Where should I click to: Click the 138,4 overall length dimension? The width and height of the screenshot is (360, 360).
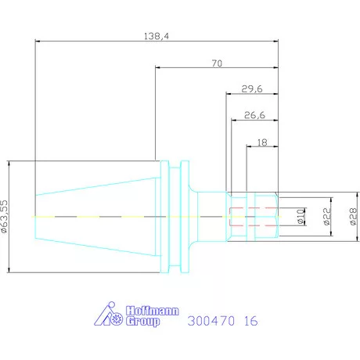(x=157, y=36)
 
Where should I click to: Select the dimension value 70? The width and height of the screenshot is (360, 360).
(x=217, y=63)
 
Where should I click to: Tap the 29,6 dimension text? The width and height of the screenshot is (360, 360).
(x=252, y=89)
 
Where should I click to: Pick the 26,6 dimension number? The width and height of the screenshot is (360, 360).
(x=254, y=115)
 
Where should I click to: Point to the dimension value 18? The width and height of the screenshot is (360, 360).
(x=262, y=142)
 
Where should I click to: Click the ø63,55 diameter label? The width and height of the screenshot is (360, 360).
(x=5, y=216)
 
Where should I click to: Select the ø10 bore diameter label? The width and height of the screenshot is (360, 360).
(x=301, y=217)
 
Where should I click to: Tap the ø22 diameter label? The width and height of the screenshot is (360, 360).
(x=326, y=217)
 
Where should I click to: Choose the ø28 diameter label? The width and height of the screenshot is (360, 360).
(x=353, y=217)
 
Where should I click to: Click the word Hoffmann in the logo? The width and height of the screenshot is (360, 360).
(x=153, y=311)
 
